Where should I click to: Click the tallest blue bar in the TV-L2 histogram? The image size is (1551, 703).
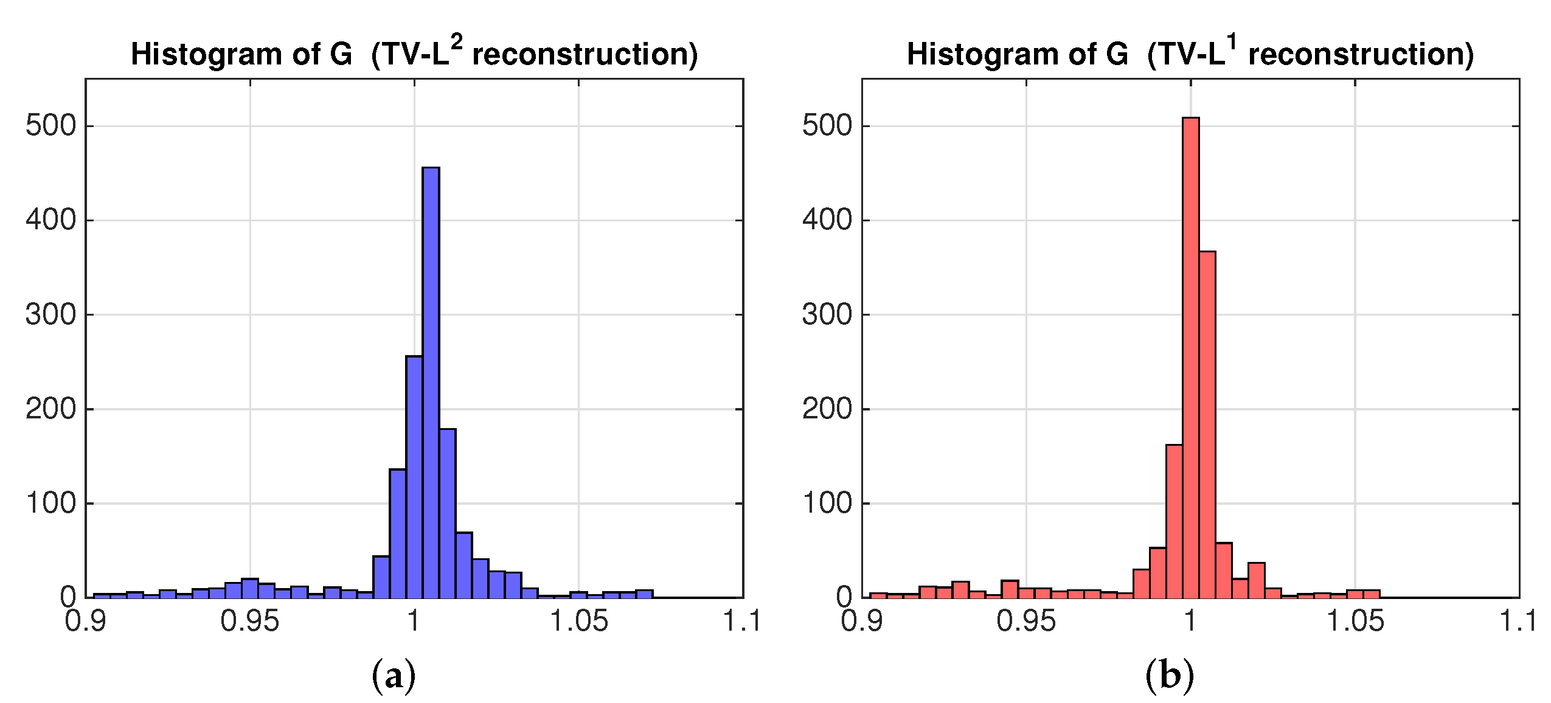(x=431, y=383)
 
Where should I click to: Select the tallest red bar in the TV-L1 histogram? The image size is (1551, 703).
(x=1190, y=359)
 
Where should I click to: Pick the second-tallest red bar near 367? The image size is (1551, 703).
(x=1207, y=426)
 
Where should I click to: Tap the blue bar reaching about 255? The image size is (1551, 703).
(x=414, y=477)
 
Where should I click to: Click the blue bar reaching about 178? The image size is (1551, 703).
(x=447, y=514)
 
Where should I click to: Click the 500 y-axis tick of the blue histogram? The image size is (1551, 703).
(x=51, y=126)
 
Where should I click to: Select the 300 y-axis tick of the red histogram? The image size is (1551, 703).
(x=827, y=315)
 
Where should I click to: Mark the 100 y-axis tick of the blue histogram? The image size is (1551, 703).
(x=51, y=504)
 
